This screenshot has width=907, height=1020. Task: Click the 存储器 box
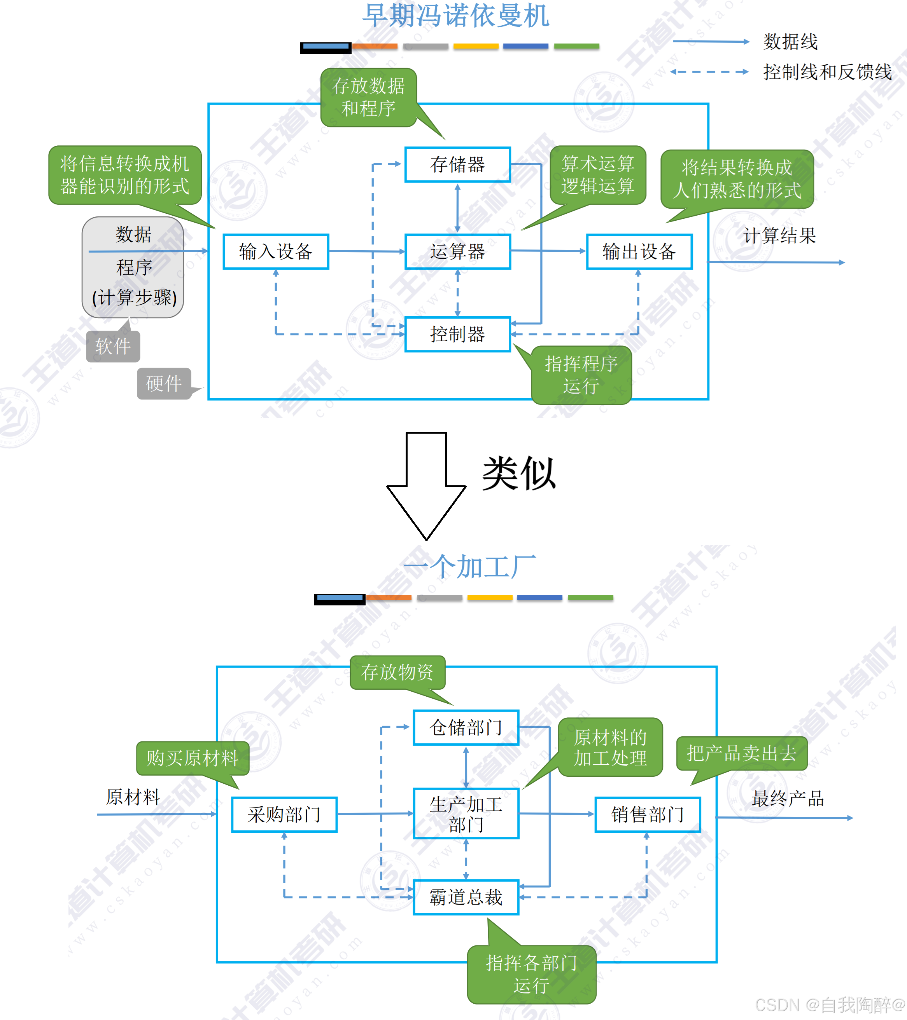(457, 165)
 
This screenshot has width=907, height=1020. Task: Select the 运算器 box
(457, 251)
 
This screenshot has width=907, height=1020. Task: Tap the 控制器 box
(457, 334)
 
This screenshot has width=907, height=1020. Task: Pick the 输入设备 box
(276, 251)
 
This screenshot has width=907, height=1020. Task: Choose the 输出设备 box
(639, 251)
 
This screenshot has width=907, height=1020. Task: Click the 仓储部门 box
(466, 727)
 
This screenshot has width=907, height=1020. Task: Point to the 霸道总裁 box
(466, 897)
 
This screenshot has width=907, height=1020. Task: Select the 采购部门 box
(284, 814)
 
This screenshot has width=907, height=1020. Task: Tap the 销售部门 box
(647, 814)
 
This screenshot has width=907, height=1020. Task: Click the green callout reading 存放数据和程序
(369, 97)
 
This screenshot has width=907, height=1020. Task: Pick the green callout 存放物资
(397, 672)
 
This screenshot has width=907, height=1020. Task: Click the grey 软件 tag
(113, 346)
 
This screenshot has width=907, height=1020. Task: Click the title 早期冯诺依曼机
(455, 16)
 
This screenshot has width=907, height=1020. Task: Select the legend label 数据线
(790, 42)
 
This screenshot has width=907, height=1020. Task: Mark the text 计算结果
(779, 235)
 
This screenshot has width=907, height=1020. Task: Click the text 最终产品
(788, 799)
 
